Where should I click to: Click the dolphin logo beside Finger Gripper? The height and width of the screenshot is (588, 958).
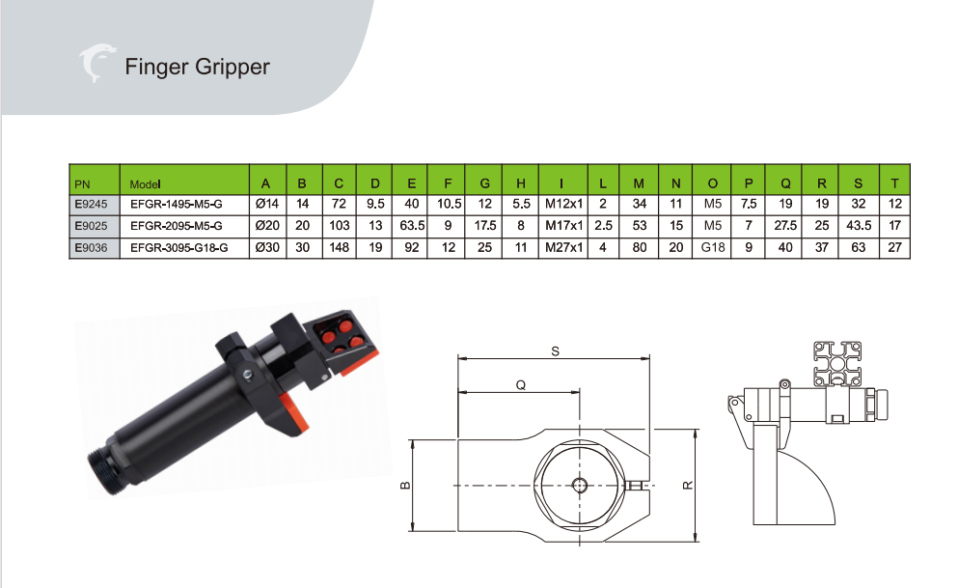point(96,63)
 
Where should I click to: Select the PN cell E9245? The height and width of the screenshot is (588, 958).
point(91,204)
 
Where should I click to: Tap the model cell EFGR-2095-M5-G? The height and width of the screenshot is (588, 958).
point(176,226)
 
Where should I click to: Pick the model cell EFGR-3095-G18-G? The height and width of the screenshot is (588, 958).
point(179,248)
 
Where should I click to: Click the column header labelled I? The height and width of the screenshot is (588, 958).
point(561,183)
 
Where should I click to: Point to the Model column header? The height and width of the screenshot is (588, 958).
point(145,184)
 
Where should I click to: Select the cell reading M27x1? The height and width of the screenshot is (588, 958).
point(564,248)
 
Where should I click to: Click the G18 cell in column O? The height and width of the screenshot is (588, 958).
point(712,248)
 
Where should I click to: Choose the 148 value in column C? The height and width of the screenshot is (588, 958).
point(339,248)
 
